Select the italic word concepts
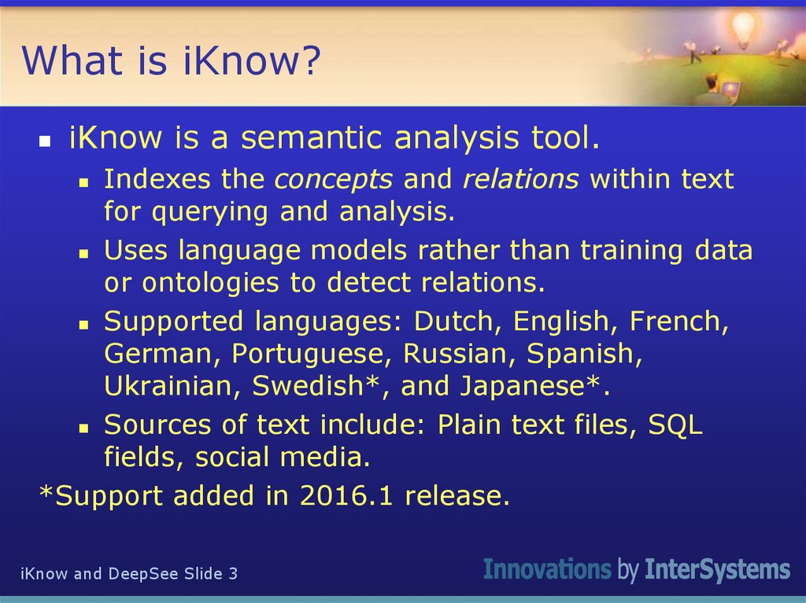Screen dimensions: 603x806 coord(333,179)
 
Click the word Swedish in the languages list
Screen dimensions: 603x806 coord(304,386)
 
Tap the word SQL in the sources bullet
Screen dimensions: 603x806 coord(675,425)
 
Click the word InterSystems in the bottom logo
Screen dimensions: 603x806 coord(717,569)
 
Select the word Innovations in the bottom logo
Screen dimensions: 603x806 coord(547,569)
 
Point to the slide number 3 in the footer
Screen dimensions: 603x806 coord(233,574)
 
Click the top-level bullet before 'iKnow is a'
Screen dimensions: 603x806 coord(46,142)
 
